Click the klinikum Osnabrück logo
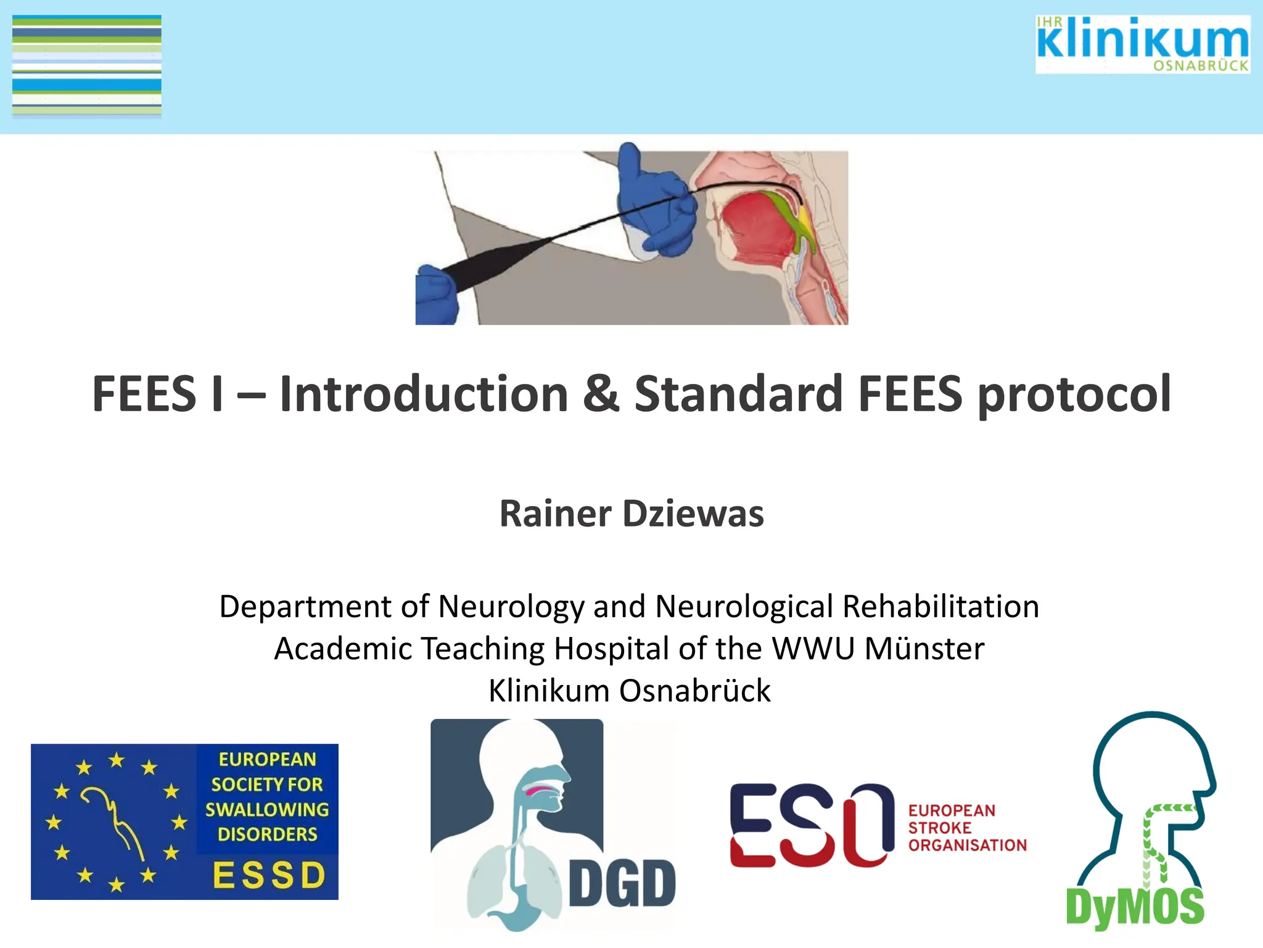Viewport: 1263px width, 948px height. pos(1142,44)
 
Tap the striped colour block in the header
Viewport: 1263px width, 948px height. pos(87,65)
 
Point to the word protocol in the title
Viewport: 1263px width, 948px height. pos(1074,395)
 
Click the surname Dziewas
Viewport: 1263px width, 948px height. pos(693,513)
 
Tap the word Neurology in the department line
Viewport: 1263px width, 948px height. pos(511,607)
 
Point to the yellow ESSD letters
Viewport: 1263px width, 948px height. pos(269,875)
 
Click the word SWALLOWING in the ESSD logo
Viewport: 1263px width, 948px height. pos(267,809)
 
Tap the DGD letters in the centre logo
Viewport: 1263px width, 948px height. pos(622,884)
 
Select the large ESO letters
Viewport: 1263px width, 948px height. pos(812,825)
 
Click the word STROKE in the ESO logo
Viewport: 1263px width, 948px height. pos(939,828)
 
